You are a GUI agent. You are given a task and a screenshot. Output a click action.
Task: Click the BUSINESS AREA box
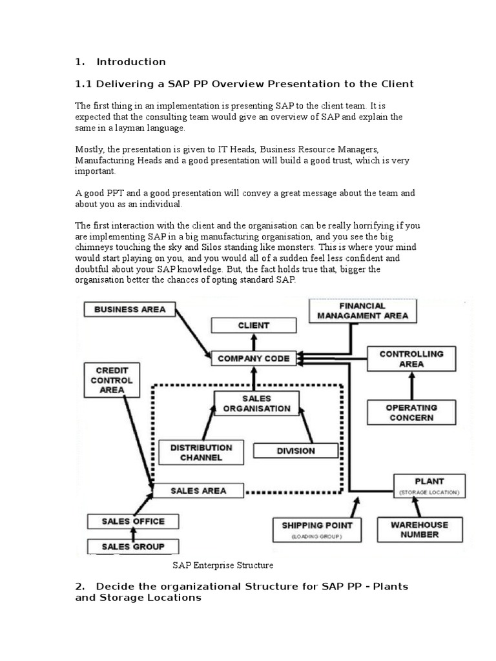[x=130, y=309]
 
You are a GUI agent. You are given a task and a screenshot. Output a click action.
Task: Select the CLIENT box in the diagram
[x=253, y=326]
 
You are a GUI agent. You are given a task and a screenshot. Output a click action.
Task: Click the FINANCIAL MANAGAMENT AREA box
[x=364, y=310]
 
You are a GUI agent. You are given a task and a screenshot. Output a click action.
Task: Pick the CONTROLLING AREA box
[x=411, y=359]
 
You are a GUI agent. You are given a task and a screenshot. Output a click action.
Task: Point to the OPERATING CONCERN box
[x=411, y=412]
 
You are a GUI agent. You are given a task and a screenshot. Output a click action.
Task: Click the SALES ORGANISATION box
[x=256, y=403]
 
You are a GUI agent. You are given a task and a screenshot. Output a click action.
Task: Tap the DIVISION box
[x=295, y=451]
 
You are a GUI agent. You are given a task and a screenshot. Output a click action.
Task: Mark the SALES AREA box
[x=198, y=491]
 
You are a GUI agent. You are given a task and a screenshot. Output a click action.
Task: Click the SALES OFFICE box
[x=133, y=521]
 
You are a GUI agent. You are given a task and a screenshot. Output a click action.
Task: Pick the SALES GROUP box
[x=133, y=547]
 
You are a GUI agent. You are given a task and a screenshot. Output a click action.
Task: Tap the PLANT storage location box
[x=429, y=485]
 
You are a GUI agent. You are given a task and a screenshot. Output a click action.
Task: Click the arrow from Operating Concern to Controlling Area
[x=411, y=386]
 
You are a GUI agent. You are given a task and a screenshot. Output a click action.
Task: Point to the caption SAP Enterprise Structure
[x=223, y=565]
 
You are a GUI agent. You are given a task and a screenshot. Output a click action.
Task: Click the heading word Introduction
[x=131, y=62]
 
